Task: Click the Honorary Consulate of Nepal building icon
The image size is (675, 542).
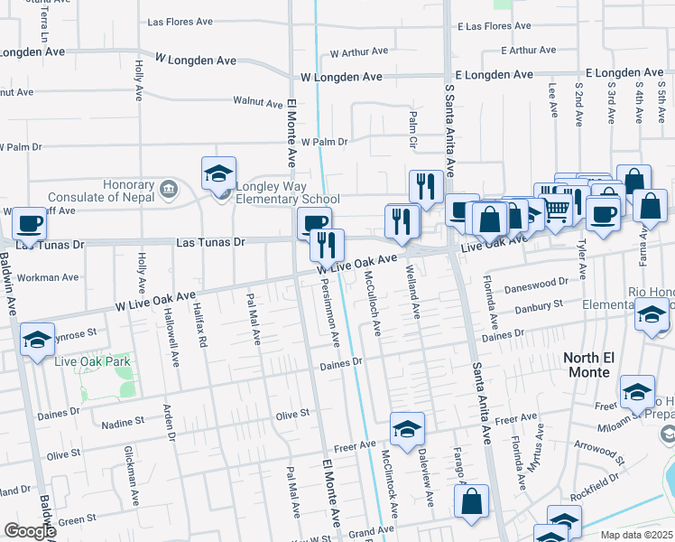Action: (x=169, y=189)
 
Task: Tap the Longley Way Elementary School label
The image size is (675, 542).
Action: (x=287, y=200)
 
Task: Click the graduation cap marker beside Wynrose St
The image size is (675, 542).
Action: (x=36, y=341)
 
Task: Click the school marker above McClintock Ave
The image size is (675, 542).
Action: (x=407, y=428)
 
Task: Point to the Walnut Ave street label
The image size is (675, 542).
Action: (x=258, y=102)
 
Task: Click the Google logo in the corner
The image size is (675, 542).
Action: (x=29, y=531)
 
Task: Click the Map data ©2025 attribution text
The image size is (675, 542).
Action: (x=637, y=535)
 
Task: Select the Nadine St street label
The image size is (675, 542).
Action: (x=122, y=422)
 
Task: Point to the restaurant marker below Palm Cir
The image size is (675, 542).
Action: (x=426, y=186)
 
